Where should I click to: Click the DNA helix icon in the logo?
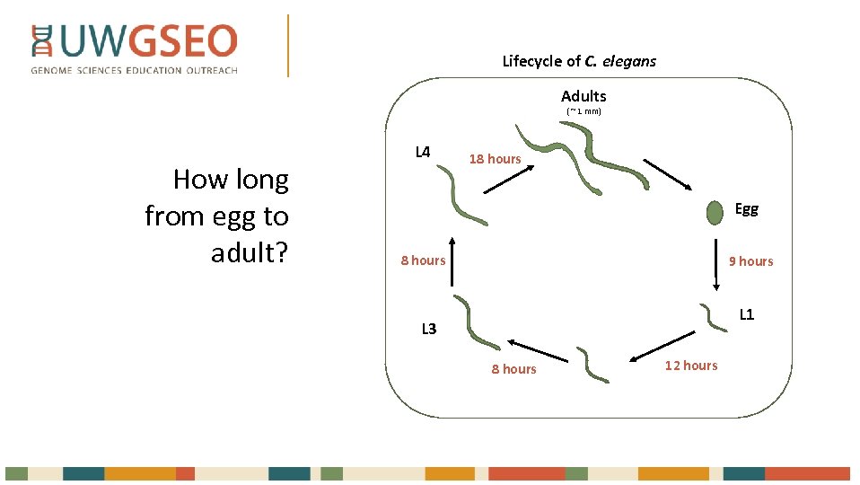coord(42,41)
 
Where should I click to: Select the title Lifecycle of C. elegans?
coord(579,61)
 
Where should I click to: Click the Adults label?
coord(584,96)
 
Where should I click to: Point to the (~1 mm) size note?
coord(584,111)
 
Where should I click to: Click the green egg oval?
coord(715,213)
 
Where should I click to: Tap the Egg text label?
coord(746,209)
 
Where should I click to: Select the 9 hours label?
coord(750,261)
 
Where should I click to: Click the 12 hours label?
coord(691,365)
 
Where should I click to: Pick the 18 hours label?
coord(495,159)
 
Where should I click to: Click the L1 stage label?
coord(746,314)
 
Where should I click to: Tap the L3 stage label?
coord(429,329)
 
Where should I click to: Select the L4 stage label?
coord(423,151)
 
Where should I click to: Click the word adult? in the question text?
coord(250,253)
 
